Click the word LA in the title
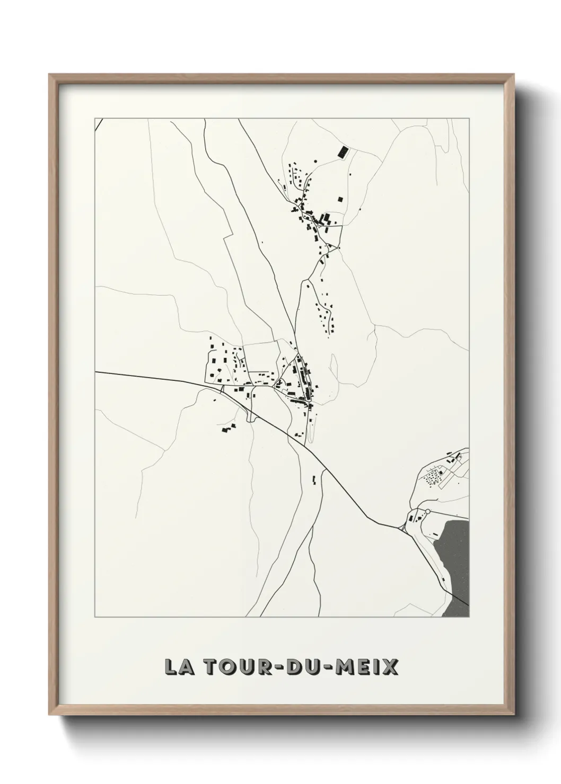pyautogui.click(x=177, y=666)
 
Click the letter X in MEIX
pyautogui.click(x=390, y=666)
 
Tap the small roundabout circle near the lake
pyautogui.click(x=427, y=511)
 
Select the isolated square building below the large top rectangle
pyautogui.click(x=340, y=199)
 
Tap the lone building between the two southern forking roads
pyautogui.click(x=313, y=480)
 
